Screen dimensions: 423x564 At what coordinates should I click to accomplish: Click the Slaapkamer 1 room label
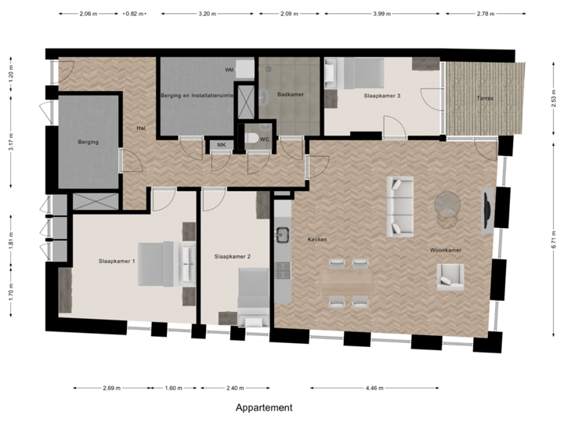[117, 261]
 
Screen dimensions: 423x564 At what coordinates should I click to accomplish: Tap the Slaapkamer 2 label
[232, 256]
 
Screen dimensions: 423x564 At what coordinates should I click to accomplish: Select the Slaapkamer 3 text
[382, 96]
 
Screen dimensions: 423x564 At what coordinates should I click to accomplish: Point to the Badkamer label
[291, 95]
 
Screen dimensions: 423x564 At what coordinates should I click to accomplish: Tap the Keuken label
[317, 238]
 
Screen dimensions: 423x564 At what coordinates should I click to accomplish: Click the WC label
[265, 139]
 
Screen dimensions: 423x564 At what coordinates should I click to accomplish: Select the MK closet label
[222, 146]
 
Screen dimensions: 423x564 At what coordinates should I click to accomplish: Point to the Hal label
[141, 128]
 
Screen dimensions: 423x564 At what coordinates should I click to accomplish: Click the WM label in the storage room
[229, 70]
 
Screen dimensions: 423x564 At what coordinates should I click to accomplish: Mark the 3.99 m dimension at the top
[381, 14]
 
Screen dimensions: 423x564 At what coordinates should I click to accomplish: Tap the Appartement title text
[264, 408]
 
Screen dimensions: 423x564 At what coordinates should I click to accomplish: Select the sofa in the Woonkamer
[400, 207]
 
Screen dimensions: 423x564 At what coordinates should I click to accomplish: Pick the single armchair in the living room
[450, 277]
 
